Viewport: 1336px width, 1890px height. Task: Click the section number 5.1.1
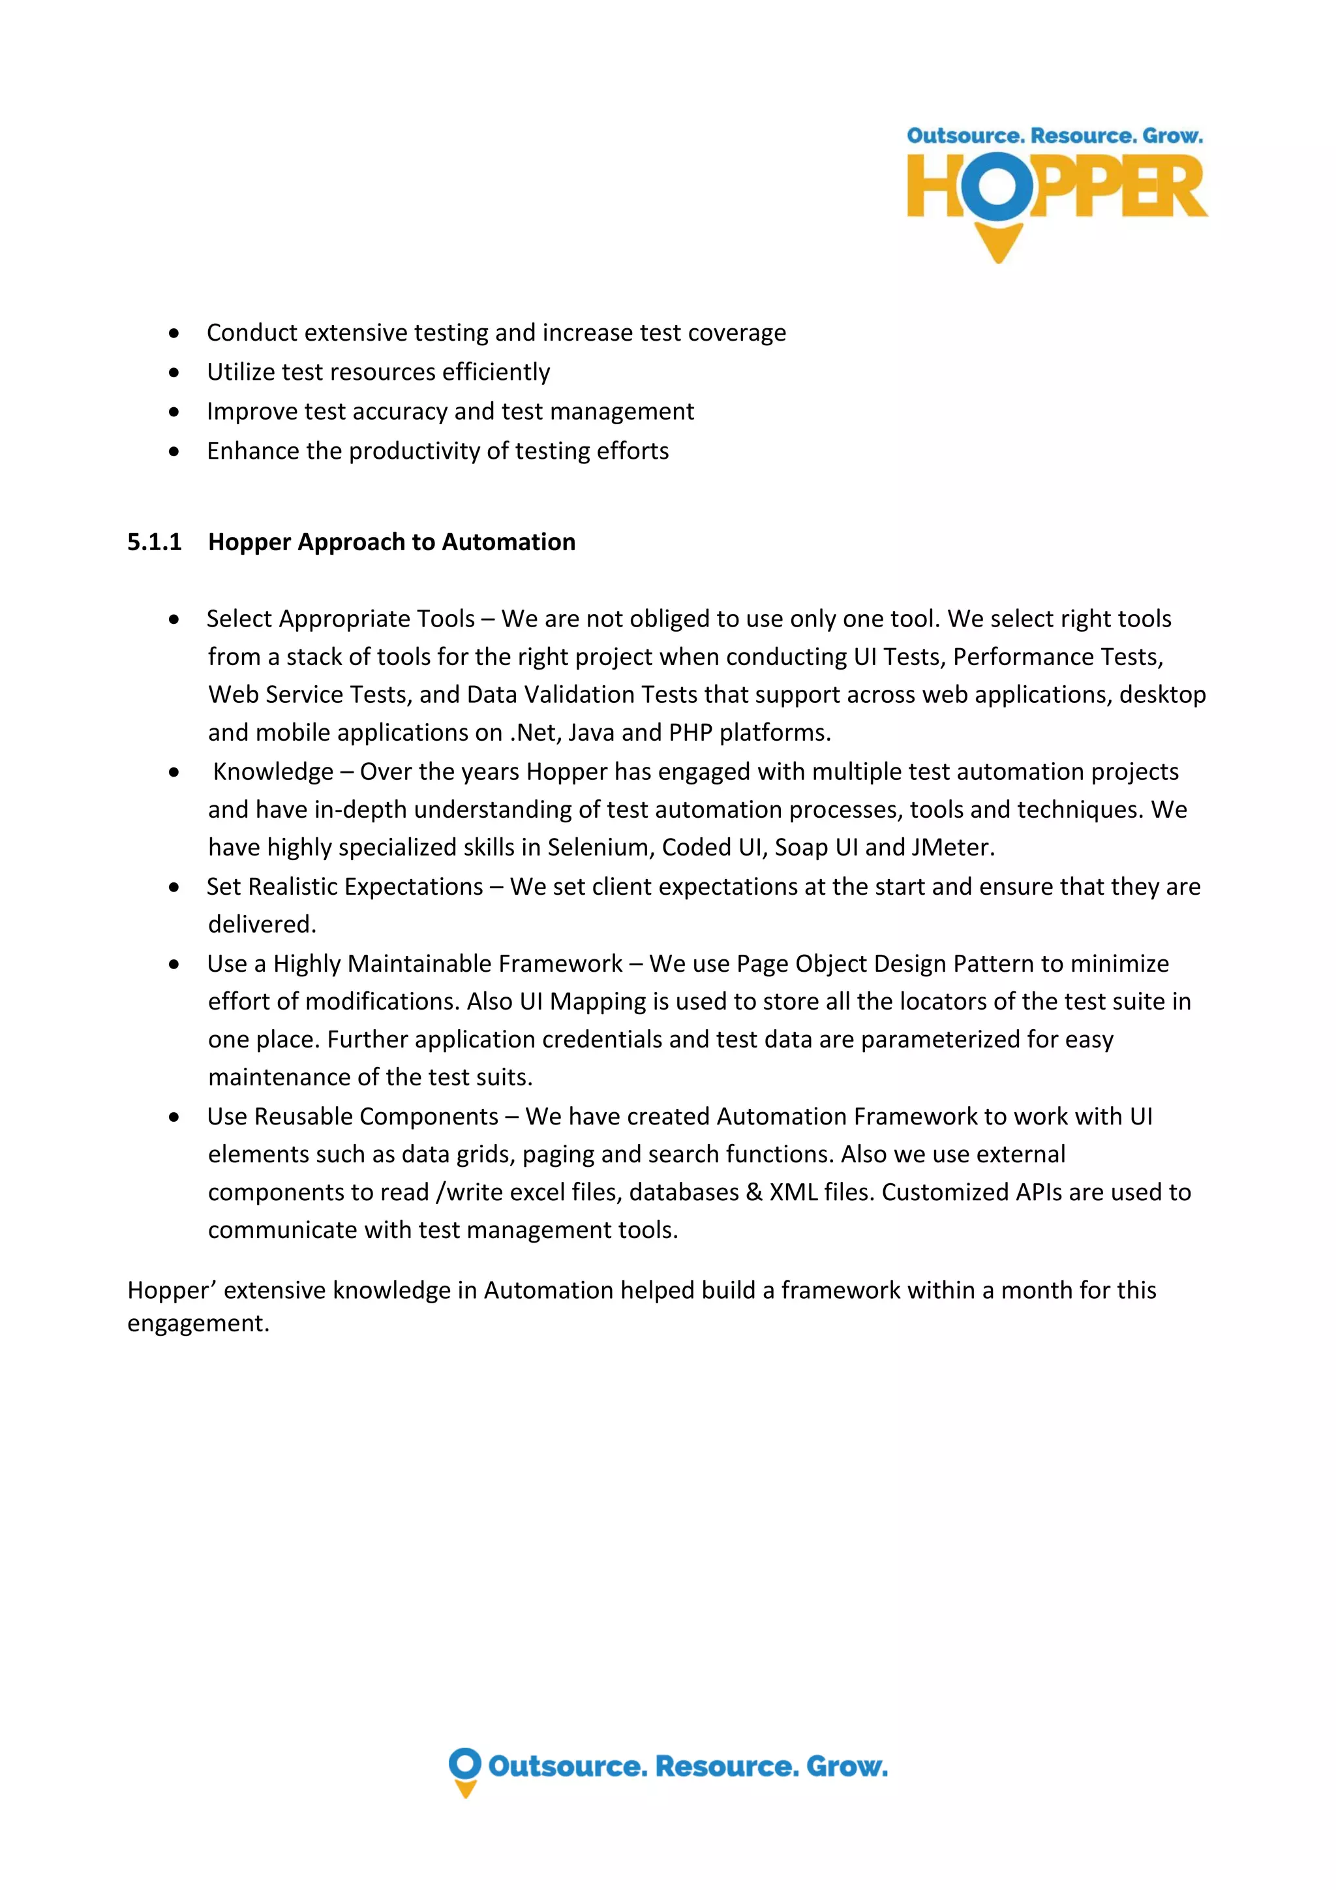pos(154,542)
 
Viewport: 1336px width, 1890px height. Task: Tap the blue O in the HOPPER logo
pos(997,186)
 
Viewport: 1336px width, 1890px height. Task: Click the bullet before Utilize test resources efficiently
pos(174,372)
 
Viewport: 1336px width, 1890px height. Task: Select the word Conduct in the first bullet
pos(252,333)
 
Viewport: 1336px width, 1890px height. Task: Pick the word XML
pos(792,1192)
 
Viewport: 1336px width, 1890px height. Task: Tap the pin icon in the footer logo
pos(465,1771)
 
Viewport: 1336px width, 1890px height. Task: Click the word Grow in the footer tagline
pos(845,1766)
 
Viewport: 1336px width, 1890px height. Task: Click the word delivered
pos(262,924)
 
